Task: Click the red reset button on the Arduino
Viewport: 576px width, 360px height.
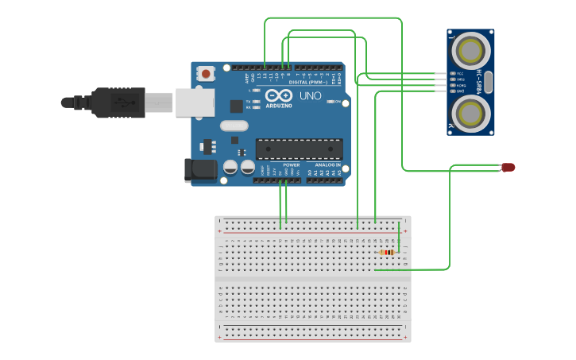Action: [207, 74]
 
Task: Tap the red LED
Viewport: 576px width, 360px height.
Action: [508, 167]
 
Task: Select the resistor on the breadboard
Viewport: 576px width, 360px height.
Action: [388, 253]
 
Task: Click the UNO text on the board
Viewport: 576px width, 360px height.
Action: [310, 96]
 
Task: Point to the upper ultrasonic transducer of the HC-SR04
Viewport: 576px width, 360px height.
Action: [470, 50]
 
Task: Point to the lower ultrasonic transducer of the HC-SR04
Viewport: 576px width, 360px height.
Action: [470, 113]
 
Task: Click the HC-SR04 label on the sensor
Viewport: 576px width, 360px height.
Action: [479, 82]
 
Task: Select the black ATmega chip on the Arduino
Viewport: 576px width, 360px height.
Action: [299, 149]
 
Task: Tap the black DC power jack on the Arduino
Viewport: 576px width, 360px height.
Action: [199, 170]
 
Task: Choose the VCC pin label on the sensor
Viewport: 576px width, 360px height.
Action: [460, 73]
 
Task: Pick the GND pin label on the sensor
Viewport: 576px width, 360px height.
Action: [460, 91]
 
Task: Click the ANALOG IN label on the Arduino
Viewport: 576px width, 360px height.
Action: [327, 165]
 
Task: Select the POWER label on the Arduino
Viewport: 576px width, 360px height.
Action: [291, 165]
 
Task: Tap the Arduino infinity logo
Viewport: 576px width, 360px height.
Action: [279, 95]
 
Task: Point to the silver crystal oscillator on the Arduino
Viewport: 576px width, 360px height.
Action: [234, 125]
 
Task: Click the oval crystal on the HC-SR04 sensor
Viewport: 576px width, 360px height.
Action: [489, 82]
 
